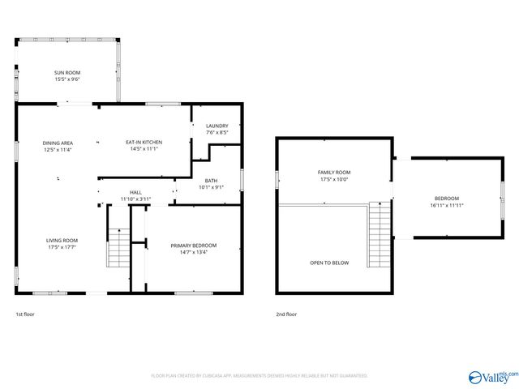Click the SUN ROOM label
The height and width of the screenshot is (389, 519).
pyautogui.click(x=67, y=73)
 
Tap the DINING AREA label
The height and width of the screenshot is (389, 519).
pyautogui.click(x=58, y=143)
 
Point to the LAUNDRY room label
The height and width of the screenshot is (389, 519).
pyautogui.click(x=217, y=126)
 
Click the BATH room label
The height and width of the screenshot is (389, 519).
pyautogui.click(x=211, y=181)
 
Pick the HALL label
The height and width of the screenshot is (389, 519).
pyautogui.click(x=135, y=192)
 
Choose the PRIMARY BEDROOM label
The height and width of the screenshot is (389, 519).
pyautogui.click(x=193, y=246)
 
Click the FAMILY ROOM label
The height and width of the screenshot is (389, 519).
pyautogui.click(x=333, y=173)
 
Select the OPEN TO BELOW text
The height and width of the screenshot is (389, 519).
pyautogui.click(x=329, y=263)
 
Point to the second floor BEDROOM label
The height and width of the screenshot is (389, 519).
pyautogui.click(x=446, y=199)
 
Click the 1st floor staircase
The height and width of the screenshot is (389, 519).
pyautogui.click(x=118, y=247)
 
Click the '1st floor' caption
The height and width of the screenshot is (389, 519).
pyautogui.click(x=25, y=314)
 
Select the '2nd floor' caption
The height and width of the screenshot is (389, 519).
pyautogui.click(x=286, y=314)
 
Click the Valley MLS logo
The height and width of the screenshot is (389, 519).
pyautogui.click(x=492, y=376)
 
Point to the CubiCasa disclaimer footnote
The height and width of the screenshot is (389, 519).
pyautogui.click(x=259, y=376)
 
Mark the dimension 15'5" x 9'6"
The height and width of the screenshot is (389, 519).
pyautogui.click(x=67, y=79)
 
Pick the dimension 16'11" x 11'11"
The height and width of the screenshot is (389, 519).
pyautogui.click(x=446, y=205)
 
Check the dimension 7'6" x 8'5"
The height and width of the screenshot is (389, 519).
pyautogui.click(x=217, y=132)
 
